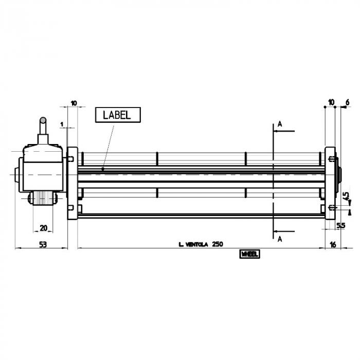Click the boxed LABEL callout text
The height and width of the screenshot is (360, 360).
tap(117, 115)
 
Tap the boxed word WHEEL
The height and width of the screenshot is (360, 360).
tap(249, 254)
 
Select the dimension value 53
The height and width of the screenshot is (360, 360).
tap(43, 245)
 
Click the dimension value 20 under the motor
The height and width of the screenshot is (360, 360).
tap(43, 228)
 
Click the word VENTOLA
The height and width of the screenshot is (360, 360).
tap(196, 245)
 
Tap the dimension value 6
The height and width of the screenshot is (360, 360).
tap(348, 103)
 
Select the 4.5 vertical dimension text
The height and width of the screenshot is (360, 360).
tap(346, 197)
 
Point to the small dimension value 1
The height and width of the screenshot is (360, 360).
tap(61, 124)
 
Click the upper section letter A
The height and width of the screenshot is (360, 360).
tap(280, 124)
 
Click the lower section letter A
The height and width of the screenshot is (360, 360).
tap(280, 239)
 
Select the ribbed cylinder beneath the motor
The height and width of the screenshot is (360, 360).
tap(43, 197)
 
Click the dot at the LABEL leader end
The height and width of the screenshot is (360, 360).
tap(103, 169)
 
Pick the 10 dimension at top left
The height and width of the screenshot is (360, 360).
tap(74, 103)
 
